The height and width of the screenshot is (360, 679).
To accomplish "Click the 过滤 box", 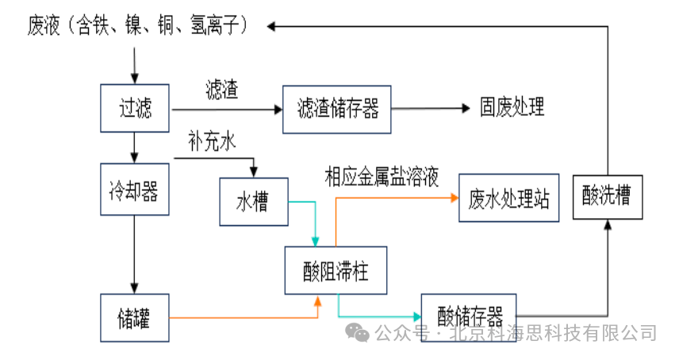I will pyautogui.click(x=135, y=108).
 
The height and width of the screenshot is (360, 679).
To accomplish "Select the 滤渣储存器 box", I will pyautogui.click(x=337, y=109).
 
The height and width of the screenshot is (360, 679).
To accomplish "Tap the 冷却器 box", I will pyautogui.click(x=134, y=190).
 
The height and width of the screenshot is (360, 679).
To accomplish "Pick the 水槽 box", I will pyautogui.click(x=252, y=201).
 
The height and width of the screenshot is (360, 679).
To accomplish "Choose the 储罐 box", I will pyautogui.click(x=135, y=318).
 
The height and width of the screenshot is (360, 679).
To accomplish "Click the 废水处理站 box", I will pyautogui.click(x=508, y=197).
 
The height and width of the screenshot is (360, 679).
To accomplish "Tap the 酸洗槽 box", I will pyautogui.click(x=607, y=196).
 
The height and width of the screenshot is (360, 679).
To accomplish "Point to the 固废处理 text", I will pyautogui.click(x=512, y=108).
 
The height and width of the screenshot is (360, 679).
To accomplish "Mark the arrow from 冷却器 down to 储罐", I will pyautogui.click(x=135, y=254).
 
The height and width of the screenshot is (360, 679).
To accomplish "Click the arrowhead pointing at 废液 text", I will pyautogui.click(x=272, y=27).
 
